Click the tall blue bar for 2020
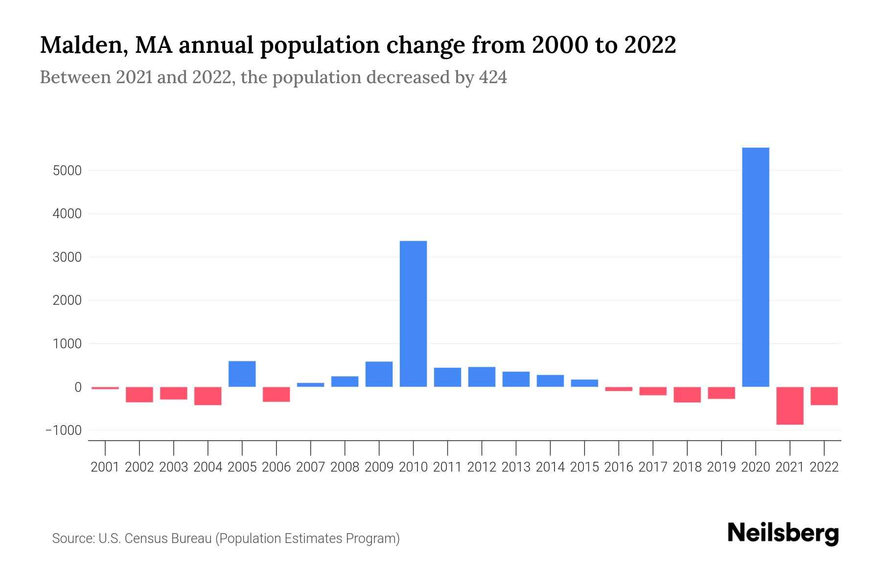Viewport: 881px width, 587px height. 755,267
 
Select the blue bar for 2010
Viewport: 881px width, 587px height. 413,314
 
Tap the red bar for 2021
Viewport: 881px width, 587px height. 789,406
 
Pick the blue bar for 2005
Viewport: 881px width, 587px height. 242,374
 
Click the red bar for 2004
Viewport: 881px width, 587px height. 208,396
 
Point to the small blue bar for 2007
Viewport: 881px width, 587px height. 310,385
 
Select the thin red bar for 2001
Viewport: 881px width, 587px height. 105,388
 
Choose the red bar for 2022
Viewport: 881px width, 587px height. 824,396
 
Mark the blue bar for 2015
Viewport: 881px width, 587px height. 584,383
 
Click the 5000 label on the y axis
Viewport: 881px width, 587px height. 68,171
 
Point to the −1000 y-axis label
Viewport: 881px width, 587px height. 64,430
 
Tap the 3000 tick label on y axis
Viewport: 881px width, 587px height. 68,257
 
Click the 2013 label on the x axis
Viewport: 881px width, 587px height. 515,467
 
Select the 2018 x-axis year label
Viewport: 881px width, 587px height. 687,467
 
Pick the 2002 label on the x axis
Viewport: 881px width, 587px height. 139,467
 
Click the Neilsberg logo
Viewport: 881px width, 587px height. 783,533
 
